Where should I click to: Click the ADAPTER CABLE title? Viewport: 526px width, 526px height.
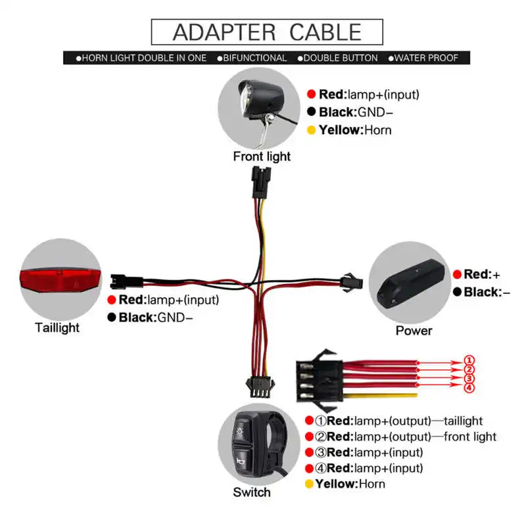pyautogui.click(x=267, y=32)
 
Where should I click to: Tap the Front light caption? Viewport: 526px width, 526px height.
pyautogui.click(x=262, y=156)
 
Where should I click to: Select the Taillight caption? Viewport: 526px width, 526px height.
pyautogui.click(x=57, y=327)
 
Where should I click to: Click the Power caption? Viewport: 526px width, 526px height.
pyautogui.click(x=414, y=330)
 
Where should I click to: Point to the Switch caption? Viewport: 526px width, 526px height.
pyautogui.click(x=251, y=492)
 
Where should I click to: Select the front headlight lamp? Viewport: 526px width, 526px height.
pyautogui.click(x=259, y=99)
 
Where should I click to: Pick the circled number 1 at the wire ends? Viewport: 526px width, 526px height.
pyautogui.click(x=469, y=360)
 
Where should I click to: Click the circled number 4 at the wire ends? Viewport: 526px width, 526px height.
pyautogui.click(x=469, y=388)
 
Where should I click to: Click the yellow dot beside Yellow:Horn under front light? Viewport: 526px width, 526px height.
pyautogui.click(x=311, y=130)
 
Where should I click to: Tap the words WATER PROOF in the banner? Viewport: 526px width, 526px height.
pyautogui.click(x=428, y=58)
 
